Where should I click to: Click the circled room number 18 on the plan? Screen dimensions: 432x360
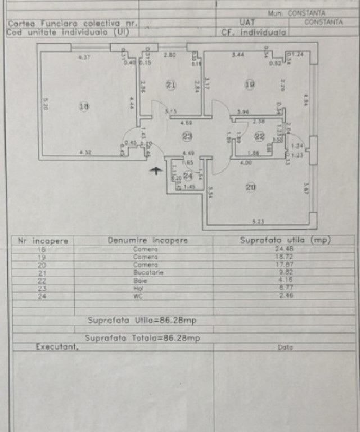click(x=84, y=106)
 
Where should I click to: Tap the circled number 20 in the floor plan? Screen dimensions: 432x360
click(x=250, y=187)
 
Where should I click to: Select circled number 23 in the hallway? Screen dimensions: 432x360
click(x=187, y=136)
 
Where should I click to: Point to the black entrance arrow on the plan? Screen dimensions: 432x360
click(x=156, y=170)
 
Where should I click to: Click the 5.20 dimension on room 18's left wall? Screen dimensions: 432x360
click(x=46, y=105)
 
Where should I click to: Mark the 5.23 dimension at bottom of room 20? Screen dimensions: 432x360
click(x=258, y=221)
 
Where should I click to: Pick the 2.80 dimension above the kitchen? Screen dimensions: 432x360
click(x=170, y=55)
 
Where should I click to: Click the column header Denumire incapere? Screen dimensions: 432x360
click(x=147, y=240)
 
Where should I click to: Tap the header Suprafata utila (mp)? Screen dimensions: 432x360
click(x=285, y=240)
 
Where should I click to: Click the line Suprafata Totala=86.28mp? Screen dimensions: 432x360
click(x=142, y=339)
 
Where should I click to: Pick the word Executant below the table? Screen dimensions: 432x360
click(x=57, y=347)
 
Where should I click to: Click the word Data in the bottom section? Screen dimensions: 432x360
click(x=285, y=348)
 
